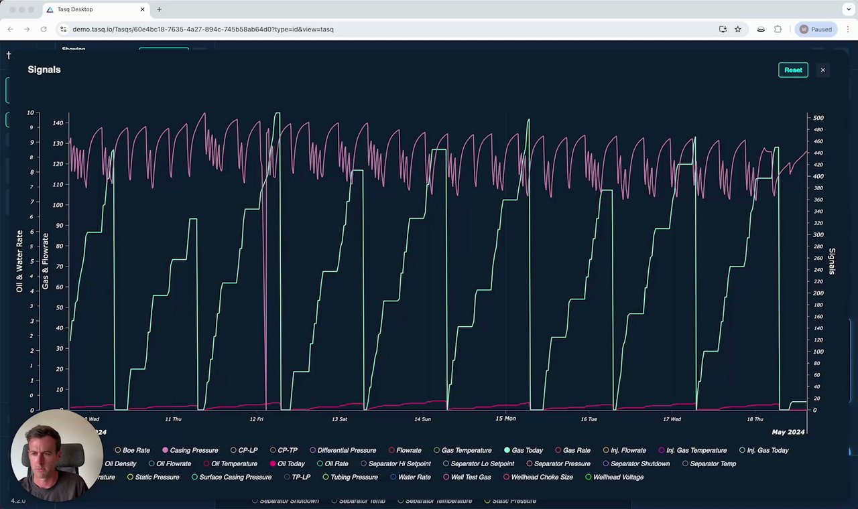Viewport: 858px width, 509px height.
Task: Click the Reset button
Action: [x=793, y=70]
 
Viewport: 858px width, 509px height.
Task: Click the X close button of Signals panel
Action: [x=822, y=70]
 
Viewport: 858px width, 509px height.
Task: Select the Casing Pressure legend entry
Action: [x=194, y=450]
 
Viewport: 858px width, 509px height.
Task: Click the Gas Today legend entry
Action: [x=527, y=450]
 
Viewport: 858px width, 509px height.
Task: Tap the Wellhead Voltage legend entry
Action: [x=618, y=477]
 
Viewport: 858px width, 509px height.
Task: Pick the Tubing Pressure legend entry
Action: [x=354, y=477]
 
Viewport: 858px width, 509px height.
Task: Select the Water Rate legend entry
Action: [x=414, y=477]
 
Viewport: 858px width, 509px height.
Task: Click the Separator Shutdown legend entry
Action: [x=640, y=463]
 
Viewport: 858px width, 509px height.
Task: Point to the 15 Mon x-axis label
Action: [x=505, y=419]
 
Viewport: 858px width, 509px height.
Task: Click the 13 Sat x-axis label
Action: [x=339, y=419]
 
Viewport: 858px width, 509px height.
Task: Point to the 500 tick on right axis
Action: [x=818, y=118]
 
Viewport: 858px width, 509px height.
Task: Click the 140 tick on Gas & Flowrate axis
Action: [x=58, y=123]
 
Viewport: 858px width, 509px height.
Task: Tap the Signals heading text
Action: [x=44, y=70]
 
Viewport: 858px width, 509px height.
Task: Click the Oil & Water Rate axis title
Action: [x=20, y=261]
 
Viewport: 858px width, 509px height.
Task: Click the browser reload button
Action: [x=44, y=29]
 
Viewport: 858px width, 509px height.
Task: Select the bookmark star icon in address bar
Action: [x=738, y=29]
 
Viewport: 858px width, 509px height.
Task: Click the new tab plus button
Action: [x=159, y=9]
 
